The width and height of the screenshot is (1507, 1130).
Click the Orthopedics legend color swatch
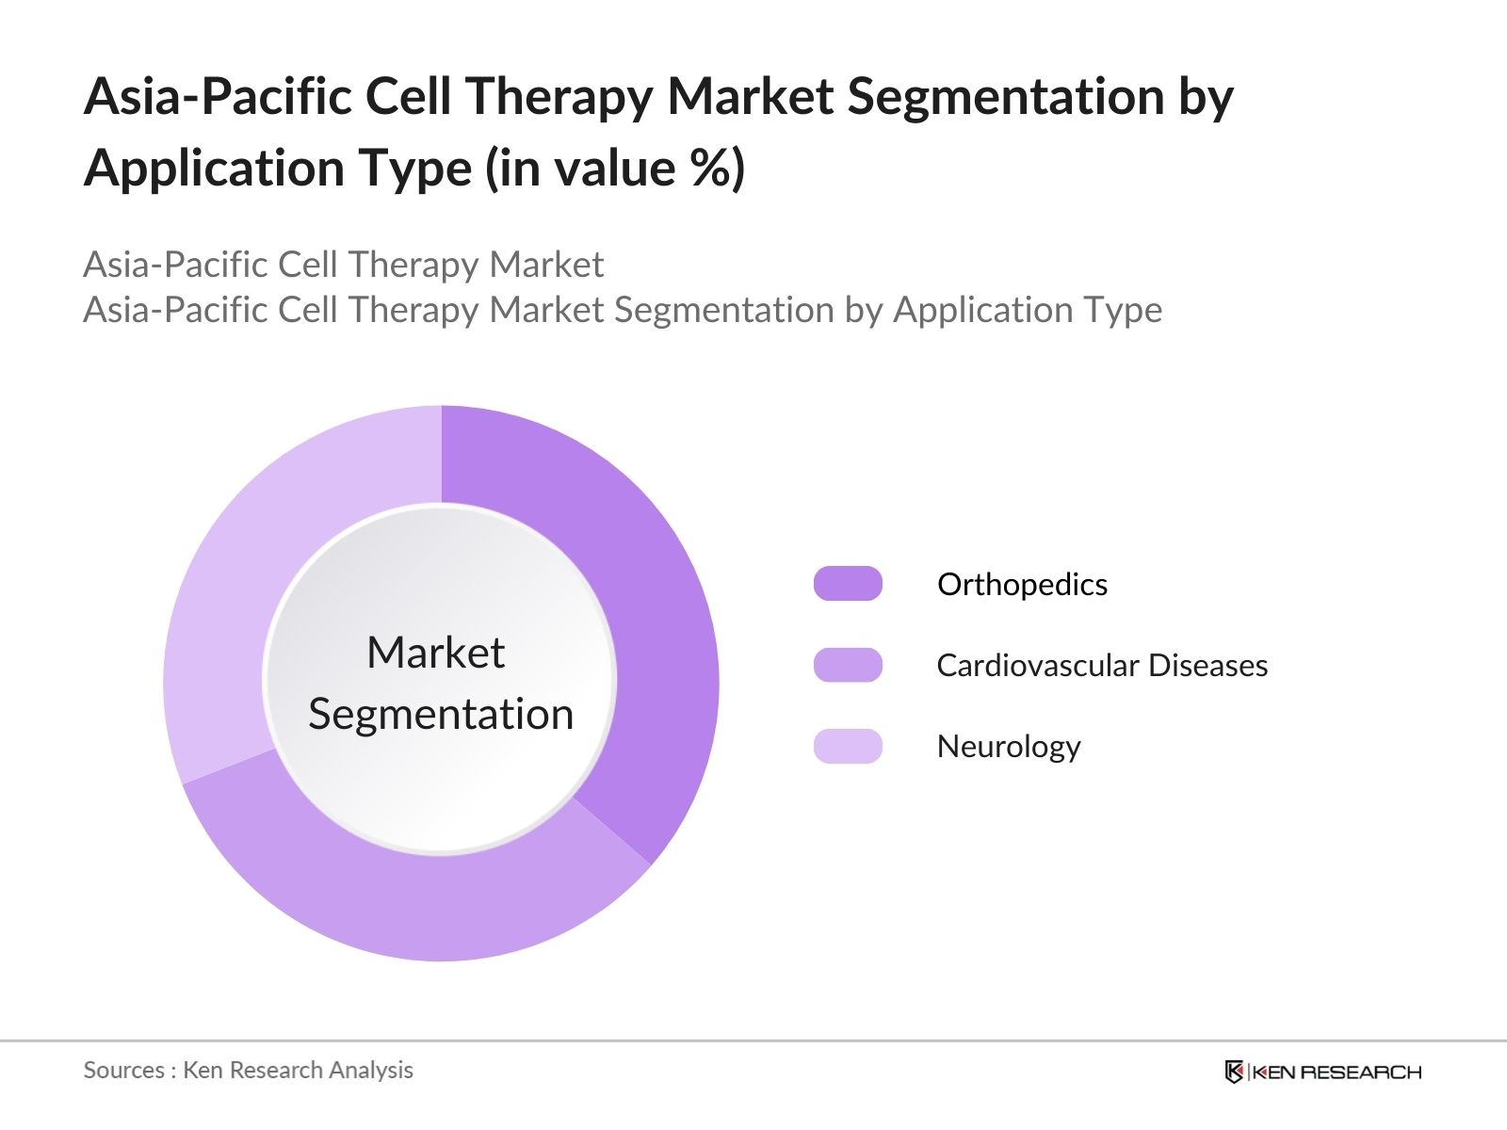(848, 584)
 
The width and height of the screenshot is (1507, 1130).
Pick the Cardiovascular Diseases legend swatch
(848, 665)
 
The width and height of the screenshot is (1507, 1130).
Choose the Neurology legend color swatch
(848, 746)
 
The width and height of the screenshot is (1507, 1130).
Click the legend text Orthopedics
(1022, 585)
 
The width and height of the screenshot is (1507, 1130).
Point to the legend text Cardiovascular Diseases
(1101, 666)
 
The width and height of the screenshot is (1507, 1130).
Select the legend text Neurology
(1008, 747)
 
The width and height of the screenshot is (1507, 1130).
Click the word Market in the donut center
(435, 653)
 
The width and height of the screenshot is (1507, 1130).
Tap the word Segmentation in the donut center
(441, 714)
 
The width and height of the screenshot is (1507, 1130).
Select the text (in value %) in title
(614, 169)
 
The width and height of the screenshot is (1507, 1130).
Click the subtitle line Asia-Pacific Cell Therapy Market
(343, 265)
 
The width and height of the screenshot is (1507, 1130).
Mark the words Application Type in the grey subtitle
(1027, 310)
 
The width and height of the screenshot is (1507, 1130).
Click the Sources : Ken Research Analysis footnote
(248, 1070)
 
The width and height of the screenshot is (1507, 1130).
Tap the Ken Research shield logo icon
(1234, 1072)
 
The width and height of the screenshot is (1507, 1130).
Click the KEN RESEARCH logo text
(1336, 1072)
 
